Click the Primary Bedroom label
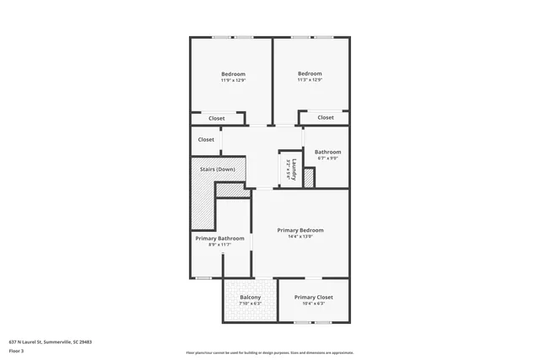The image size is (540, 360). coord(300,230)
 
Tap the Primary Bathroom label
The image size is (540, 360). coord(219,239)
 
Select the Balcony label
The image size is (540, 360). coord(250,298)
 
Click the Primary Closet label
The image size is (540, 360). coord(313,298)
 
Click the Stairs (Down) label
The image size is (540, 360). coord(218,169)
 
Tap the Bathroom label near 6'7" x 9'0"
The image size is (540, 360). coord(327,152)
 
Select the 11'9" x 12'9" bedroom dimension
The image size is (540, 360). coord(233,80)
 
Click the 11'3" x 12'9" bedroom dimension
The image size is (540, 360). coord(310,80)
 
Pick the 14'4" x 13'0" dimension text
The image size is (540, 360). coord(300,237)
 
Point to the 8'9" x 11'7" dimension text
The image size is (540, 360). coord(219,245)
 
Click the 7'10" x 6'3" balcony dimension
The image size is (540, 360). coord(250,304)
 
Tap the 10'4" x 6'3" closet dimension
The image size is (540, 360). coord(313,304)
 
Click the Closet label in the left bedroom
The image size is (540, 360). coord(217,119)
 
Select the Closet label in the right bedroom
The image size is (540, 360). coord(326,117)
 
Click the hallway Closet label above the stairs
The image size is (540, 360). coord(206,140)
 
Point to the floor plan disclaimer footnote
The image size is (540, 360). coord(269,352)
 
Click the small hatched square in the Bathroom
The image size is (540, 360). coord(309,178)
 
